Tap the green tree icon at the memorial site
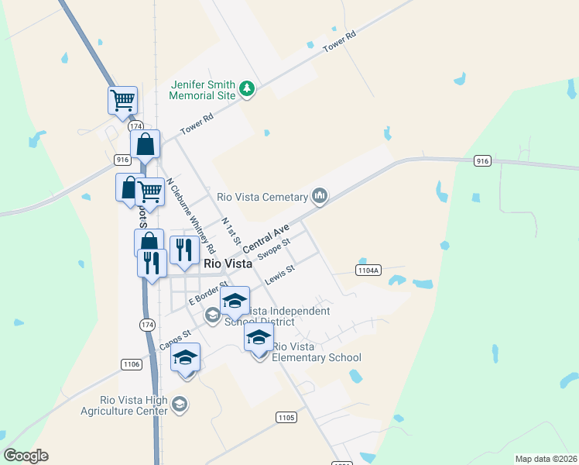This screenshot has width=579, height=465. click(247, 89)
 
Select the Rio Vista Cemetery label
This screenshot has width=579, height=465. click(263, 197)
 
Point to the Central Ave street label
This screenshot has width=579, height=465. click(266, 238)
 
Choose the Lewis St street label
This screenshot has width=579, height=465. click(280, 275)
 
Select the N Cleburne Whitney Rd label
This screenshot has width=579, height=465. click(190, 217)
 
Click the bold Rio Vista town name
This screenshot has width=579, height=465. click(228, 263)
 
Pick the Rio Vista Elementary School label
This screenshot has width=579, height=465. click(317, 352)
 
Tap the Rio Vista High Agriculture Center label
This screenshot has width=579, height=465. click(124, 405)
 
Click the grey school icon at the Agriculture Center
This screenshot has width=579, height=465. click(180, 405)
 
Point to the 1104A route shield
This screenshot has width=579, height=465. click(368, 270)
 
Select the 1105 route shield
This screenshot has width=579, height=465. click(286, 418)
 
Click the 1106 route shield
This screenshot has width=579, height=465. click(132, 363)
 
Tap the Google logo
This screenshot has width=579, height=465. click(26, 456)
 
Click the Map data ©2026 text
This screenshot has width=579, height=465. click(546, 459)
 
